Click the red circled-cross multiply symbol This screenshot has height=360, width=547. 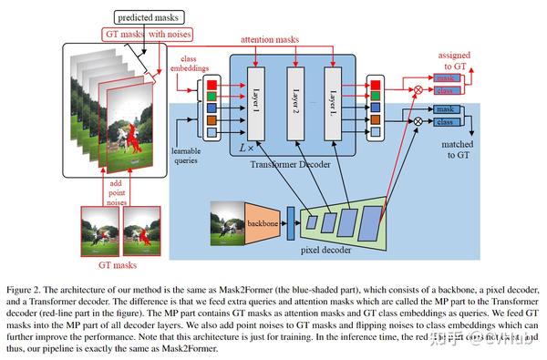point(418,90)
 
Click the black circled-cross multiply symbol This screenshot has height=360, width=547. point(418,120)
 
